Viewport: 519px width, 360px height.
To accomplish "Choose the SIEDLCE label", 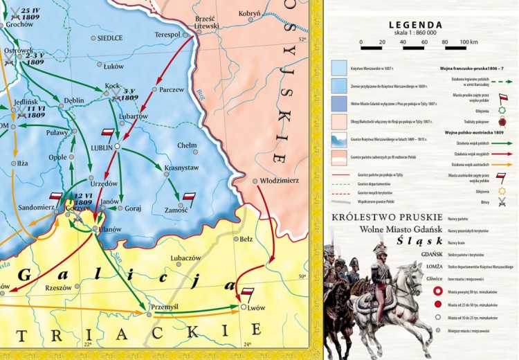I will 110,38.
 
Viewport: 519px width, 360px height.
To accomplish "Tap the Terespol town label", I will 167,34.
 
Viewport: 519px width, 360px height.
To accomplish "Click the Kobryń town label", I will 250,13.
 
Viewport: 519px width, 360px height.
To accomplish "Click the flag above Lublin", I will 108,133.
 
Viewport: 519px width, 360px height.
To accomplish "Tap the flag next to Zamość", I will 189,197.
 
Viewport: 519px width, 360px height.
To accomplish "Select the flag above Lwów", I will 247,293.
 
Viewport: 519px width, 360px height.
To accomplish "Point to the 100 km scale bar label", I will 469,42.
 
